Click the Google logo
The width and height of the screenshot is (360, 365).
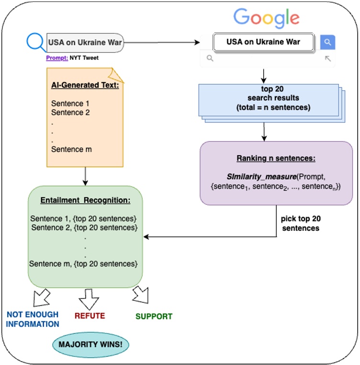[x=266, y=18]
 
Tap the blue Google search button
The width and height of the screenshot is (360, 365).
[x=327, y=42]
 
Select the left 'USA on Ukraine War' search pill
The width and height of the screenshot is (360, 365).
[x=85, y=43]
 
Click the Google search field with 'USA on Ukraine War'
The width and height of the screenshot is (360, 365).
[x=263, y=42]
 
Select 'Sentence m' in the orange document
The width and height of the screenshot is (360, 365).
[x=71, y=149]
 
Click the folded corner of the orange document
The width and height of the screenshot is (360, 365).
[x=117, y=74]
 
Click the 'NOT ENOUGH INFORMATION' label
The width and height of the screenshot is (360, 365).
[x=33, y=319]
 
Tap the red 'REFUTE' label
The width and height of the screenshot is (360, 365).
[x=90, y=316]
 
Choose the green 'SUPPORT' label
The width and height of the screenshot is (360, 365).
[x=154, y=316]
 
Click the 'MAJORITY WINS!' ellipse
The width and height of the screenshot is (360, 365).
[x=90, y=344]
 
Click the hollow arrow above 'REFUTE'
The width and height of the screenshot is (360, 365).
[x=88, y=299]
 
